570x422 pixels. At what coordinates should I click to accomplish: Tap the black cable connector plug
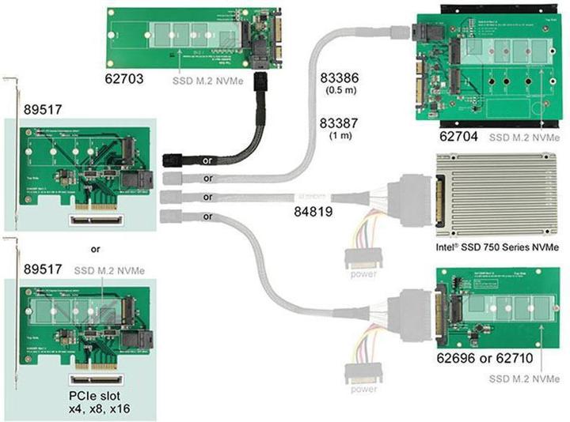173,160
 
